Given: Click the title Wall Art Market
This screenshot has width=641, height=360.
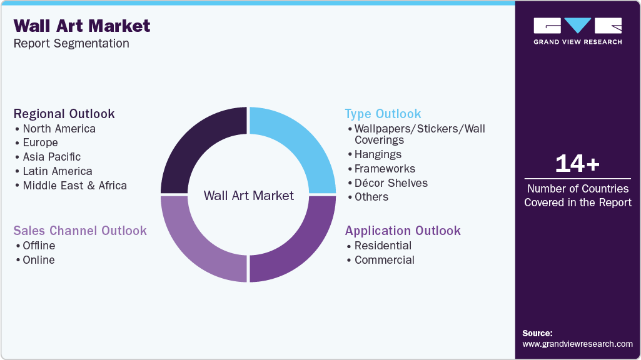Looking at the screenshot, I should [x=81, y=26].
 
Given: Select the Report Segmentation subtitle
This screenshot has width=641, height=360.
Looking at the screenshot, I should [x=71, y=43].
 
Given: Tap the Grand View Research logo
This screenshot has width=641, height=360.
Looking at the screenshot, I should [x=577, y=31].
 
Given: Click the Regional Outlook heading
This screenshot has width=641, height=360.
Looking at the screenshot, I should [x=64, y=114].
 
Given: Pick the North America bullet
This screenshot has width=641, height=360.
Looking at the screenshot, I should [x=59, y=129].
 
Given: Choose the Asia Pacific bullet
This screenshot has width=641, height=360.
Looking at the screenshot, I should [x=51, y=157].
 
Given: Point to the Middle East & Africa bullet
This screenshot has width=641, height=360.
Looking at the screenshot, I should [x=74, y=186].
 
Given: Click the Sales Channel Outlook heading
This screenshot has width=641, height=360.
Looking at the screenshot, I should [x=80, y=231].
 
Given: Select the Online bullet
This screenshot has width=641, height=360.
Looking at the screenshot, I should [x=39, y=260].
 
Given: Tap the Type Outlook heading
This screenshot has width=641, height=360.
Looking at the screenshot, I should [x=383, y=114].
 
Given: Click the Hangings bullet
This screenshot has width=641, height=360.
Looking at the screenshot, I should [x=378, y=154].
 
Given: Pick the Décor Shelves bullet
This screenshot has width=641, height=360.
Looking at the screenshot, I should [x=391, y=183].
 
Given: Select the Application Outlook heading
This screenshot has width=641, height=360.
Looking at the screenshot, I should [x=403, y=231].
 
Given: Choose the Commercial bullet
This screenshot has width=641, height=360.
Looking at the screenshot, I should [x=384, y=260].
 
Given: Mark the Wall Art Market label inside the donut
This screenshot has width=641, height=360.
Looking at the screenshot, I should [x=248, y=196].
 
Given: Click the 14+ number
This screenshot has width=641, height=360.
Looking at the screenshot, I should [x=577, y=164].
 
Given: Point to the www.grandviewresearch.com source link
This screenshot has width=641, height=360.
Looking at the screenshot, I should [x=577, y=344].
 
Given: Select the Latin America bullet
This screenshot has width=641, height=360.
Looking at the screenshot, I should [x=57, y=171].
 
